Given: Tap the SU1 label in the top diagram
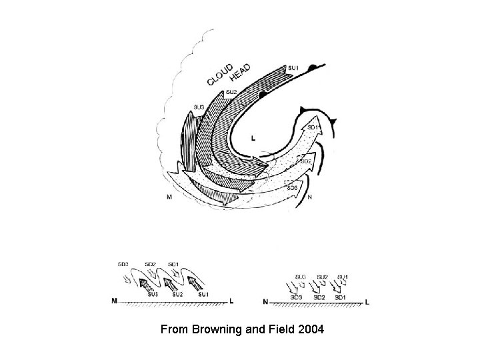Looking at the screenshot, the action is [x=293, y=68].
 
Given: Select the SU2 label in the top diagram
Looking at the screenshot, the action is [x=231, y=92].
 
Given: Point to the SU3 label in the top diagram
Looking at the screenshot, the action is [x=199, y=107].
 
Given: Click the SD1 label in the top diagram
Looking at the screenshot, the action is [x=313, y=127].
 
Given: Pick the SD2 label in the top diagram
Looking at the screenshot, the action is [x=307, y=161].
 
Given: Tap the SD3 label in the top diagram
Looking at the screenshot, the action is [x=292, y=187].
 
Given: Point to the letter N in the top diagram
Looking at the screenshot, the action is [x=311, y=198].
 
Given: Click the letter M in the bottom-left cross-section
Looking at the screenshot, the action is [x=114, y=301].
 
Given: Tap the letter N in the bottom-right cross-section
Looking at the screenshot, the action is [x=265, y=301].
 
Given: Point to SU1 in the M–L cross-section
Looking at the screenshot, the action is [x=204, y=294].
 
